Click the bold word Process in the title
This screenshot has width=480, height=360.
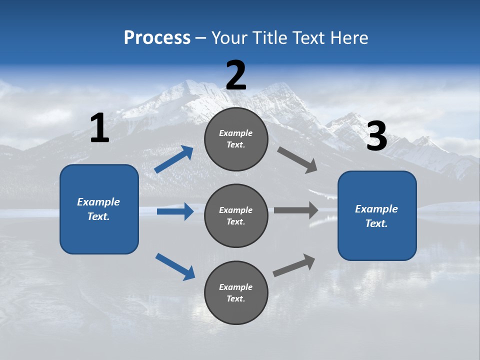click(157, 38)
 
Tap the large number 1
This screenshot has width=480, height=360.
click(99, 128)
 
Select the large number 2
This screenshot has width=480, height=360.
click(236, 75)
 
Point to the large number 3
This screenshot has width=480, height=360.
click(376, 136)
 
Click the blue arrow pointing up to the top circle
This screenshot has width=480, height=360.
click(174, 159)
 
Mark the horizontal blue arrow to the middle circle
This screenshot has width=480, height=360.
click(175, 211)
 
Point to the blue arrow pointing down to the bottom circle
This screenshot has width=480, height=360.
click(175, 266)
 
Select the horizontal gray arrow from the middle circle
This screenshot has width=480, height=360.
click(296, 210)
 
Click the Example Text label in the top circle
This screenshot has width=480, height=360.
click(236, 139)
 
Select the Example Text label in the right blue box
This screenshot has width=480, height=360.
click(376, 216)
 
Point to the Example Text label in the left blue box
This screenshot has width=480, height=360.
click(98, 209)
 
